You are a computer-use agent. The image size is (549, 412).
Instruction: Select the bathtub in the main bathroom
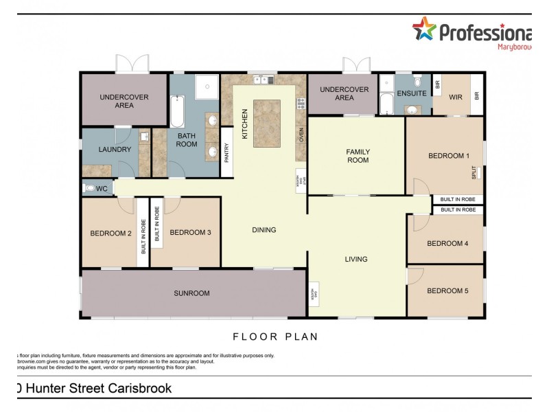[x=176, y=111]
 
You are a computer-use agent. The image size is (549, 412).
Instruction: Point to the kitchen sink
[x=264, y=80]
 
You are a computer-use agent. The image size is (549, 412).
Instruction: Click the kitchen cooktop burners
[x=301, y=104]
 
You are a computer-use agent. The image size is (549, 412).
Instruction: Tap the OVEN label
[x=301, y=134]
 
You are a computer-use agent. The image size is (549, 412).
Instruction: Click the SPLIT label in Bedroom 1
[x=474, y=172]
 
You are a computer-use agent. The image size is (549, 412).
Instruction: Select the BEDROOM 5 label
[x=447, y=290]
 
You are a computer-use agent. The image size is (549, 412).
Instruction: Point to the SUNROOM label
[x=192, y=293]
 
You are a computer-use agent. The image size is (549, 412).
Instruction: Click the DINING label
[x=264, y=230]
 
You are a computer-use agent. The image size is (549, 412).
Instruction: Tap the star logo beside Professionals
[x=424, y=30]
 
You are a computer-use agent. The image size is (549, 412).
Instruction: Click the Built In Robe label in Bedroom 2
[x=143, y=236]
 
